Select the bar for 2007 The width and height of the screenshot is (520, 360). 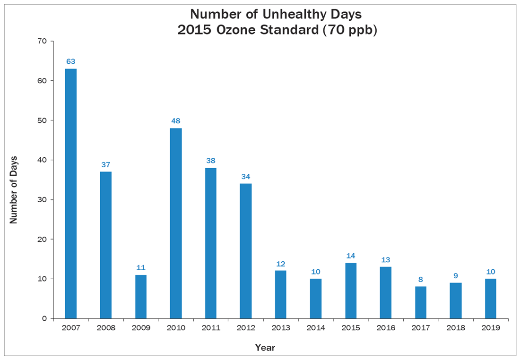click(x=71, y=194)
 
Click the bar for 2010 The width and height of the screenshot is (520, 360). click(x=176, y=223)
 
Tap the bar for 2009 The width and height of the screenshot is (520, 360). click(x=141, y=296)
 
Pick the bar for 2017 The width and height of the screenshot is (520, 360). click(x=421, y=302)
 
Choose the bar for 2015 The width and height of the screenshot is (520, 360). click(x=351, y=291)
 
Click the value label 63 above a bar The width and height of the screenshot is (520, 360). click(x=71, y=61)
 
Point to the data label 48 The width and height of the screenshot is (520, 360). click(x=176, y=121)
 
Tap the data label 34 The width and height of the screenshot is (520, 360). click(x=246, y=176)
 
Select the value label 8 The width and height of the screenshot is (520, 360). click(x=421, y=280)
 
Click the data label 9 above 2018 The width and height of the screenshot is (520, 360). click(x=456, y=275)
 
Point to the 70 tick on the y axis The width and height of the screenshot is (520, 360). click(x=42, y=41)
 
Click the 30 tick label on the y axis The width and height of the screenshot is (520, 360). click(x=42, y=199)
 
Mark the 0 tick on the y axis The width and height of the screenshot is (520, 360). click(x=44, y=318)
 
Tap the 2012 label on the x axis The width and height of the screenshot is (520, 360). click(x=246, y=327)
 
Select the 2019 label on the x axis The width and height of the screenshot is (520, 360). click(x=491, y=327)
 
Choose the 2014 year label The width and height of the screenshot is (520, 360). click(x=316, y=327)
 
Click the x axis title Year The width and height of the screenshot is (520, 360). click(x=265, y=348)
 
